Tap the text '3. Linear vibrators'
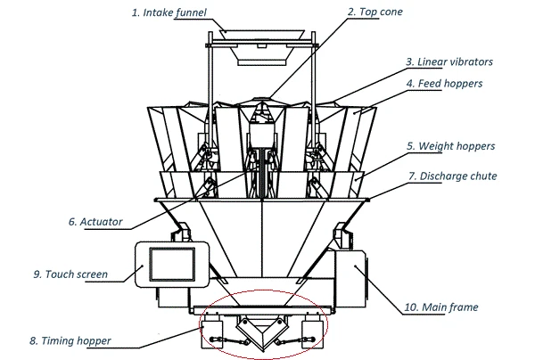[x=449, y=62]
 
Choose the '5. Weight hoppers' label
[x=450, y=145]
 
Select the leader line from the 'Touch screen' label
[x=122, y=271]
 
